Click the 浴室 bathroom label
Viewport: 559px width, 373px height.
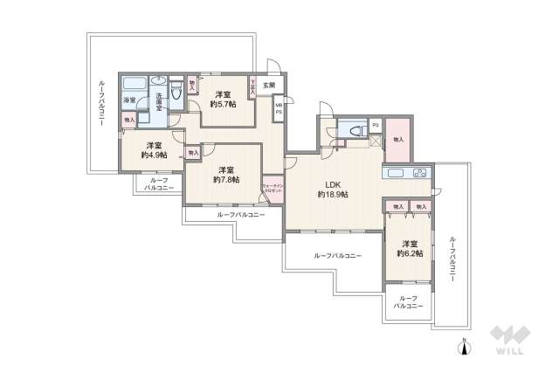coord(129,100)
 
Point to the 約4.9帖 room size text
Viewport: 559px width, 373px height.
coord(154,155)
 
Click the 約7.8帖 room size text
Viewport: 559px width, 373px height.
coord(226,179)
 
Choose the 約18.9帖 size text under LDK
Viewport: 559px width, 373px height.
coord(333,194)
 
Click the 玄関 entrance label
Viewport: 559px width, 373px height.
coord(269,86)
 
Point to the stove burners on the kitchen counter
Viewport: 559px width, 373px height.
coord(418,172)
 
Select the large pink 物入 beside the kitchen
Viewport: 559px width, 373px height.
coord(398,138)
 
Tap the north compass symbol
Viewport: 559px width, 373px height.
coord(466,348)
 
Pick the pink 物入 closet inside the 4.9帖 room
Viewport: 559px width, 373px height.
coord(129,120)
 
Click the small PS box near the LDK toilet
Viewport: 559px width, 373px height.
coord(375,125)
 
